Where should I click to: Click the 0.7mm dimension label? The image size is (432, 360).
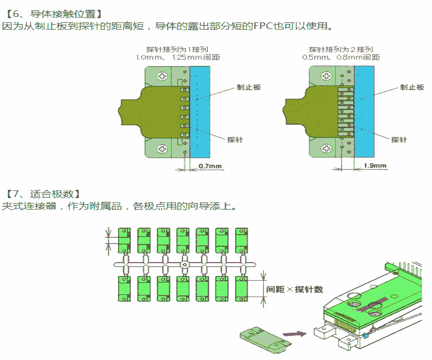[x=210, y=166]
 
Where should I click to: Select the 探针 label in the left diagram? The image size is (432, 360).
[x=235, y=140]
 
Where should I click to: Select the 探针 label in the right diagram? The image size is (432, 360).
[x=399, y=140]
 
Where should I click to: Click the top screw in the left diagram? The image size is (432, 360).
[x=163, y=76]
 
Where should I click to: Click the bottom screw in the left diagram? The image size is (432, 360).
[x=163, y=148]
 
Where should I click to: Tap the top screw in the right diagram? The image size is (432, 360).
[x=326, y=76]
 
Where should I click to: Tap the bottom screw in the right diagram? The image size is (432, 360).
[x=326, y=148]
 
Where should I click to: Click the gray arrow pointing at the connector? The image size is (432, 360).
[x=295, y=332]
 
